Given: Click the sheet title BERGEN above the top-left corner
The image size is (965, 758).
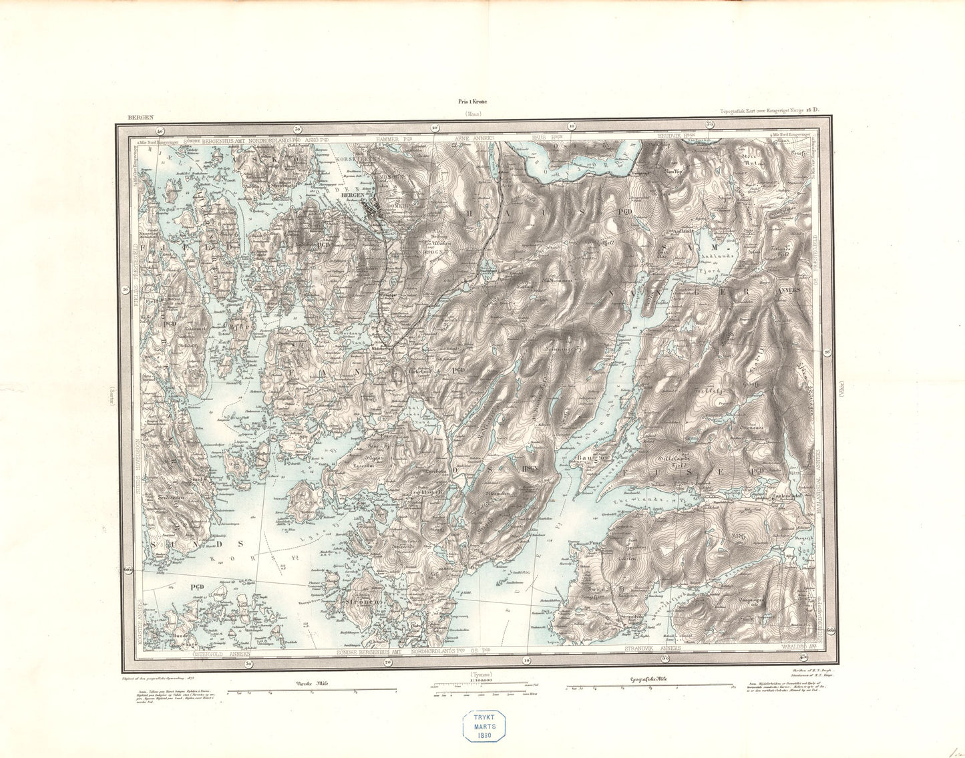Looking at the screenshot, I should click(x=140, y=118).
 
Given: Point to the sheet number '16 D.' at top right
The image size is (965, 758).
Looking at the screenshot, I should click(x=811, y=110).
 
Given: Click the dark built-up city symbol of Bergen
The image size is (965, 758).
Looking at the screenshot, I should click(x=373, y=209).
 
